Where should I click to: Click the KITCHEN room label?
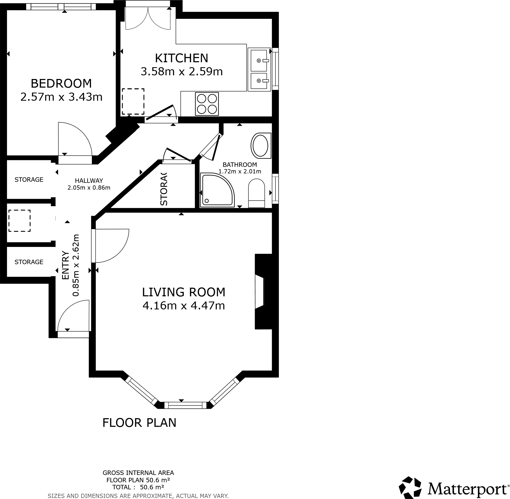181,58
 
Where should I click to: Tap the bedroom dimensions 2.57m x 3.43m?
61,97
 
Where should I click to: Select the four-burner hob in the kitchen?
207,104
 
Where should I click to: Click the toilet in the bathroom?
256,193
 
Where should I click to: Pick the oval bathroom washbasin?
260,145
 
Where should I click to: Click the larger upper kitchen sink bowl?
259,60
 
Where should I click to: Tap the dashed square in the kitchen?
133,101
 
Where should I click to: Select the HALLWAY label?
89,180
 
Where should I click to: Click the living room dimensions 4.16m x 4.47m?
183,305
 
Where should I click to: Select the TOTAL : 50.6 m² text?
138,487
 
